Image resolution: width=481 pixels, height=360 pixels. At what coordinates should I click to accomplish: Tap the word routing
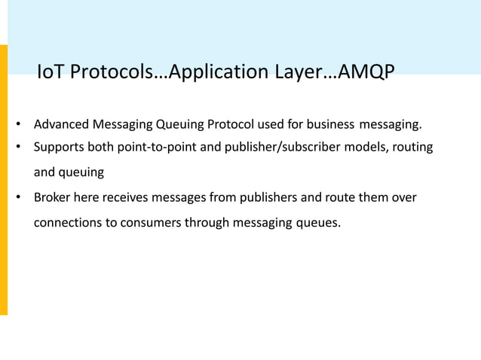coord(412,147)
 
